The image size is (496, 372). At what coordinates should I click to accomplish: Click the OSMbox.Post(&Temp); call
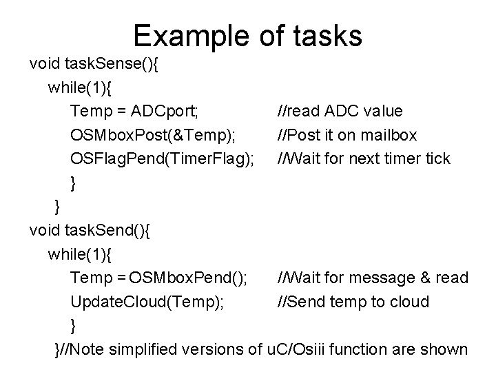147,135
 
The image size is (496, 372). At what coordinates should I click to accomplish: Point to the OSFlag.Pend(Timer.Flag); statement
163,159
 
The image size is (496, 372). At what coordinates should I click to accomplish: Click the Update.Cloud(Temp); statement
146,302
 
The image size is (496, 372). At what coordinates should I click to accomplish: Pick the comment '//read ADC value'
340,112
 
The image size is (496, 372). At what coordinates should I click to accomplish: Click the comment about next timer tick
363,159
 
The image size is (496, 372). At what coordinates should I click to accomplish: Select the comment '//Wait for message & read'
372,278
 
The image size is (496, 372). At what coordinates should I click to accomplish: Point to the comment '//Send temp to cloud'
353,302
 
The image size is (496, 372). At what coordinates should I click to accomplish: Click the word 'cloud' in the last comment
411,302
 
